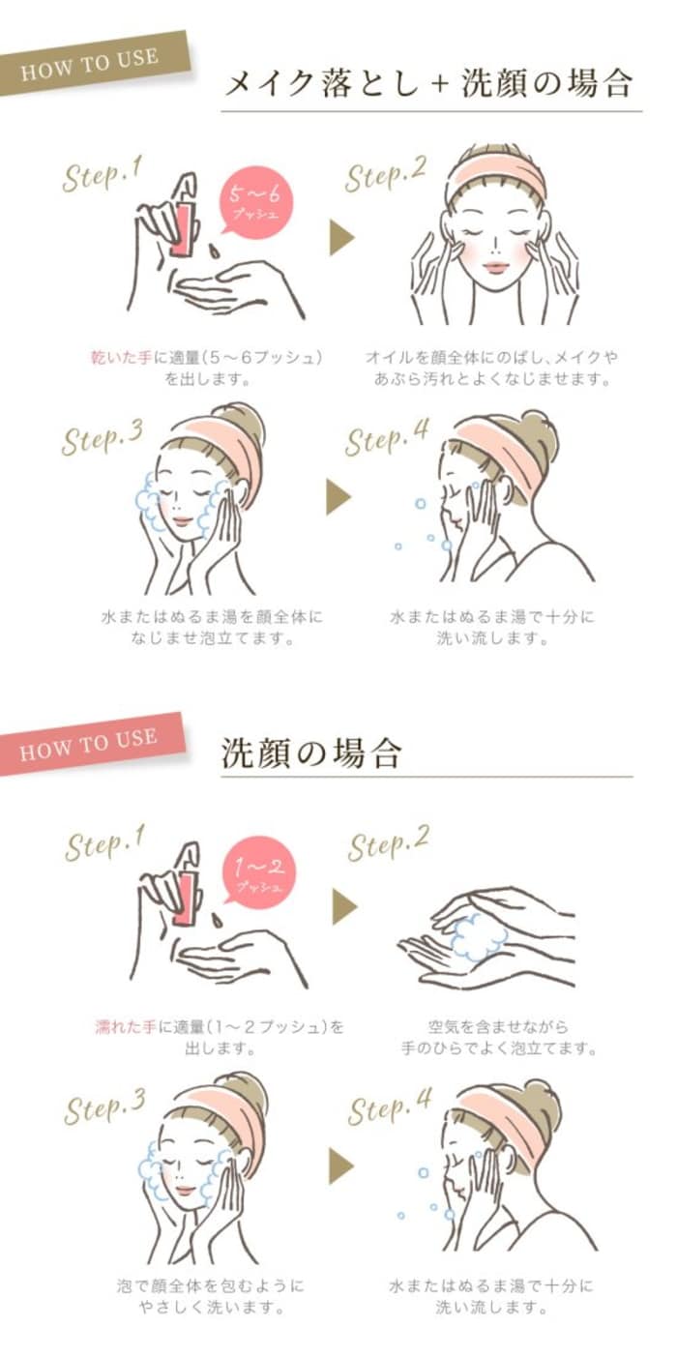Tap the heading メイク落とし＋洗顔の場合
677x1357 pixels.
tap(429, 83)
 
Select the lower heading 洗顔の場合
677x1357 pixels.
tap(311, 753)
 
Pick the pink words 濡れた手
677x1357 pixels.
tap(126, 1026)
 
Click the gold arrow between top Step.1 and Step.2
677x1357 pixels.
tap(341, 238)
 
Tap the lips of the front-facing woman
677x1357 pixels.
tap(495, 267)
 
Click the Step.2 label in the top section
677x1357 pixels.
tap(386, 174)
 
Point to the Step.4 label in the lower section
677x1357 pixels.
tap(390, 1106)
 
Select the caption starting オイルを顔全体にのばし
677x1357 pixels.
tap(491, 368)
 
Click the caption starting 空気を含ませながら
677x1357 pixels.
tap(499, 1037)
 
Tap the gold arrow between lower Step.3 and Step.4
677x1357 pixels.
tap(341, 1166)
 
